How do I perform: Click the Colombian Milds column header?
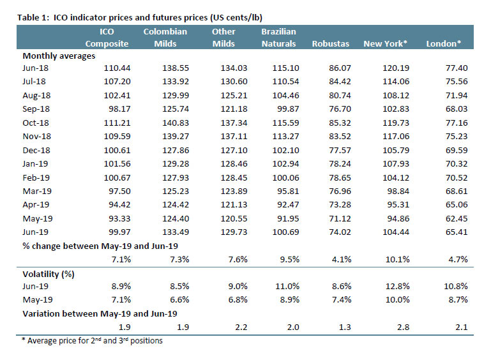pyautogui.click(x=165, y=38)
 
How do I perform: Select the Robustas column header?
pyautogui.click(x=329, y=43)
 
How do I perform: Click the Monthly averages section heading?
pyautogui.click(x=59, y=56)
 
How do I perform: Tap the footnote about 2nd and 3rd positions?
pyautogui.click(x=92, y=341)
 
